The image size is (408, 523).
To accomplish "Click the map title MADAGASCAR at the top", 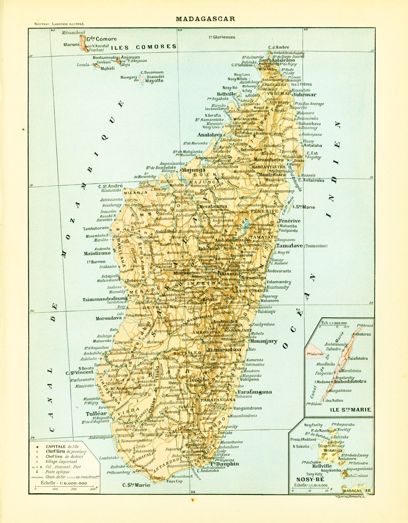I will [205, 19].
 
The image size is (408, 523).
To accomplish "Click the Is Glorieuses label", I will [222, 37].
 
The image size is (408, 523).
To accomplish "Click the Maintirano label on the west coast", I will [97, 253].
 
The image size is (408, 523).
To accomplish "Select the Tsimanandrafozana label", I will [106, 299].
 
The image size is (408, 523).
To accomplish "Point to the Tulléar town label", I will [96, 413].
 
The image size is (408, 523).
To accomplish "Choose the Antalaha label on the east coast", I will [313, 145].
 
